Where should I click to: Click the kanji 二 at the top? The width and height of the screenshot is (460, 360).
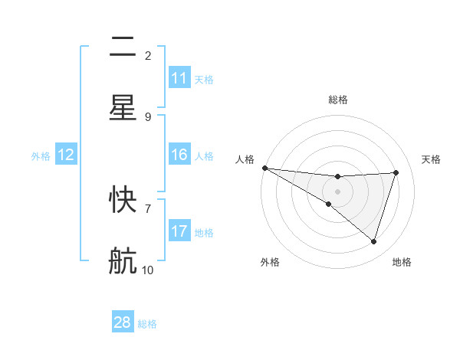pos(123,47)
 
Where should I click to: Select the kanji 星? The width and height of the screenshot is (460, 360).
pos(123,107)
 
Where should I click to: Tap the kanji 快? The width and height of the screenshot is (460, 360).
pos(123,201)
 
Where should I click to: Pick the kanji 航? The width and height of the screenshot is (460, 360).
pos(123,260)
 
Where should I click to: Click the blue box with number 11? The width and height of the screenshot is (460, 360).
pos(179,78)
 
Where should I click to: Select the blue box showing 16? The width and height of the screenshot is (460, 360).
pos(179,155)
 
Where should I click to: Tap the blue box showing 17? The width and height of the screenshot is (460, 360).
pos(179,231)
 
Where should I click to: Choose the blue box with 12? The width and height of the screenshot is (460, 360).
pos(66,155)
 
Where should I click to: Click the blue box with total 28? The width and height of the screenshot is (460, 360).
pos(123,322)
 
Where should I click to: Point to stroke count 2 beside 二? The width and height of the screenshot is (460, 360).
pos(148,55)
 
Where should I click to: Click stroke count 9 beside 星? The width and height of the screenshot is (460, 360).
pos(148,116)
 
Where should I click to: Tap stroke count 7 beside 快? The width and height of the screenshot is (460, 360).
pos(148,208)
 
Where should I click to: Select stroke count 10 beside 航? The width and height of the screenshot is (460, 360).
pos(148,270)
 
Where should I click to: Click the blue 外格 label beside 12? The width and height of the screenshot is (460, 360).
pos(41,155)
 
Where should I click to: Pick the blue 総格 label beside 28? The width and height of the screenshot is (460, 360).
pos(147,324)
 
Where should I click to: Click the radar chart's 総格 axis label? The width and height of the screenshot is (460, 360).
pos(338,100)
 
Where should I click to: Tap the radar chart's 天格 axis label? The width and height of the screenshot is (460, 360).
pos(432,159)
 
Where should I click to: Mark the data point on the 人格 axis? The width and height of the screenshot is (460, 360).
pos(264,167)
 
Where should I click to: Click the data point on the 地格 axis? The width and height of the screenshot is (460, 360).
pos(374,241)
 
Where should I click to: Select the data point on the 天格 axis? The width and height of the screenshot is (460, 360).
pos(396,172)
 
